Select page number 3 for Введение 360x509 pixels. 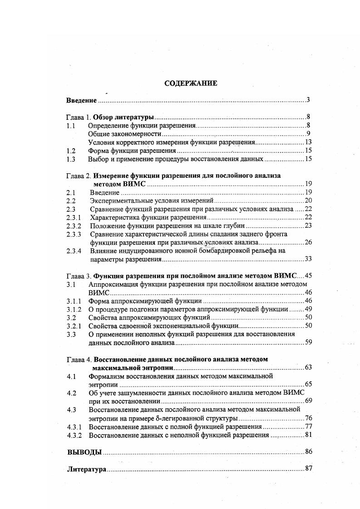click(308, 100)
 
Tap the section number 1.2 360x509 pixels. click(70, 151)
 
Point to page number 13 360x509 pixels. click(307, 142)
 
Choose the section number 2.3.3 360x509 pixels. click(74, 234)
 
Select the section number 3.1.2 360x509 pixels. click(74, 309)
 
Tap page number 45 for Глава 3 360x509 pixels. click(308, 276)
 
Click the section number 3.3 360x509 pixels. click(70, 334)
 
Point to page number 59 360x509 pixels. click(308, 342)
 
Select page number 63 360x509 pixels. click(308, 367)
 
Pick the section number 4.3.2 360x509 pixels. click(74, 436)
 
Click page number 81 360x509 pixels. click(308, 436)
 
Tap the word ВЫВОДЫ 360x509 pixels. click(84, 452)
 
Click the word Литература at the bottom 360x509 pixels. click(86, 469)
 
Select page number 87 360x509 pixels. click(308, 469)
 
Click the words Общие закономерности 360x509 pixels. click(125, 134)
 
